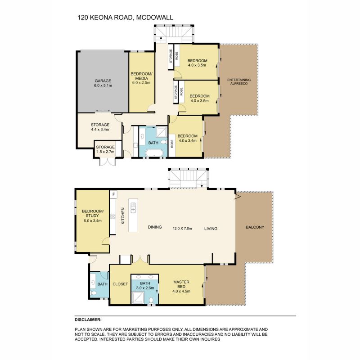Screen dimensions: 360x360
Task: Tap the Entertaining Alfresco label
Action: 239,82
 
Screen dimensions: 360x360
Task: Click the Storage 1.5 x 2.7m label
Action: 106,149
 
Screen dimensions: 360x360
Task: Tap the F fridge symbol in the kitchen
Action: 113,194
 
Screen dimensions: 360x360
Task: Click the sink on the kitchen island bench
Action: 133,207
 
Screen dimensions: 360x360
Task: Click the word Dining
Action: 155,228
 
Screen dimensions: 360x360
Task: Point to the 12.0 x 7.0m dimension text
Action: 182,228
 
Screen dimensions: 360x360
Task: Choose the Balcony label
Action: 255,227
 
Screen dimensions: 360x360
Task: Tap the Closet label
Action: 120,284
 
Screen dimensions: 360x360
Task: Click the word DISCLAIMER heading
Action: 88,319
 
